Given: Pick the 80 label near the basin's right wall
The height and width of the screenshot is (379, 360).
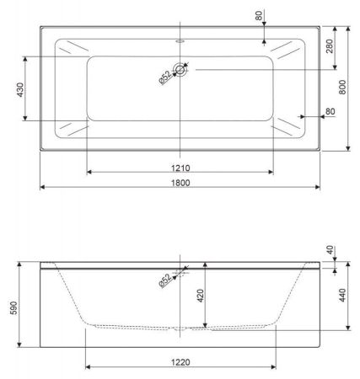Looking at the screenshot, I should pos(329,111).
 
